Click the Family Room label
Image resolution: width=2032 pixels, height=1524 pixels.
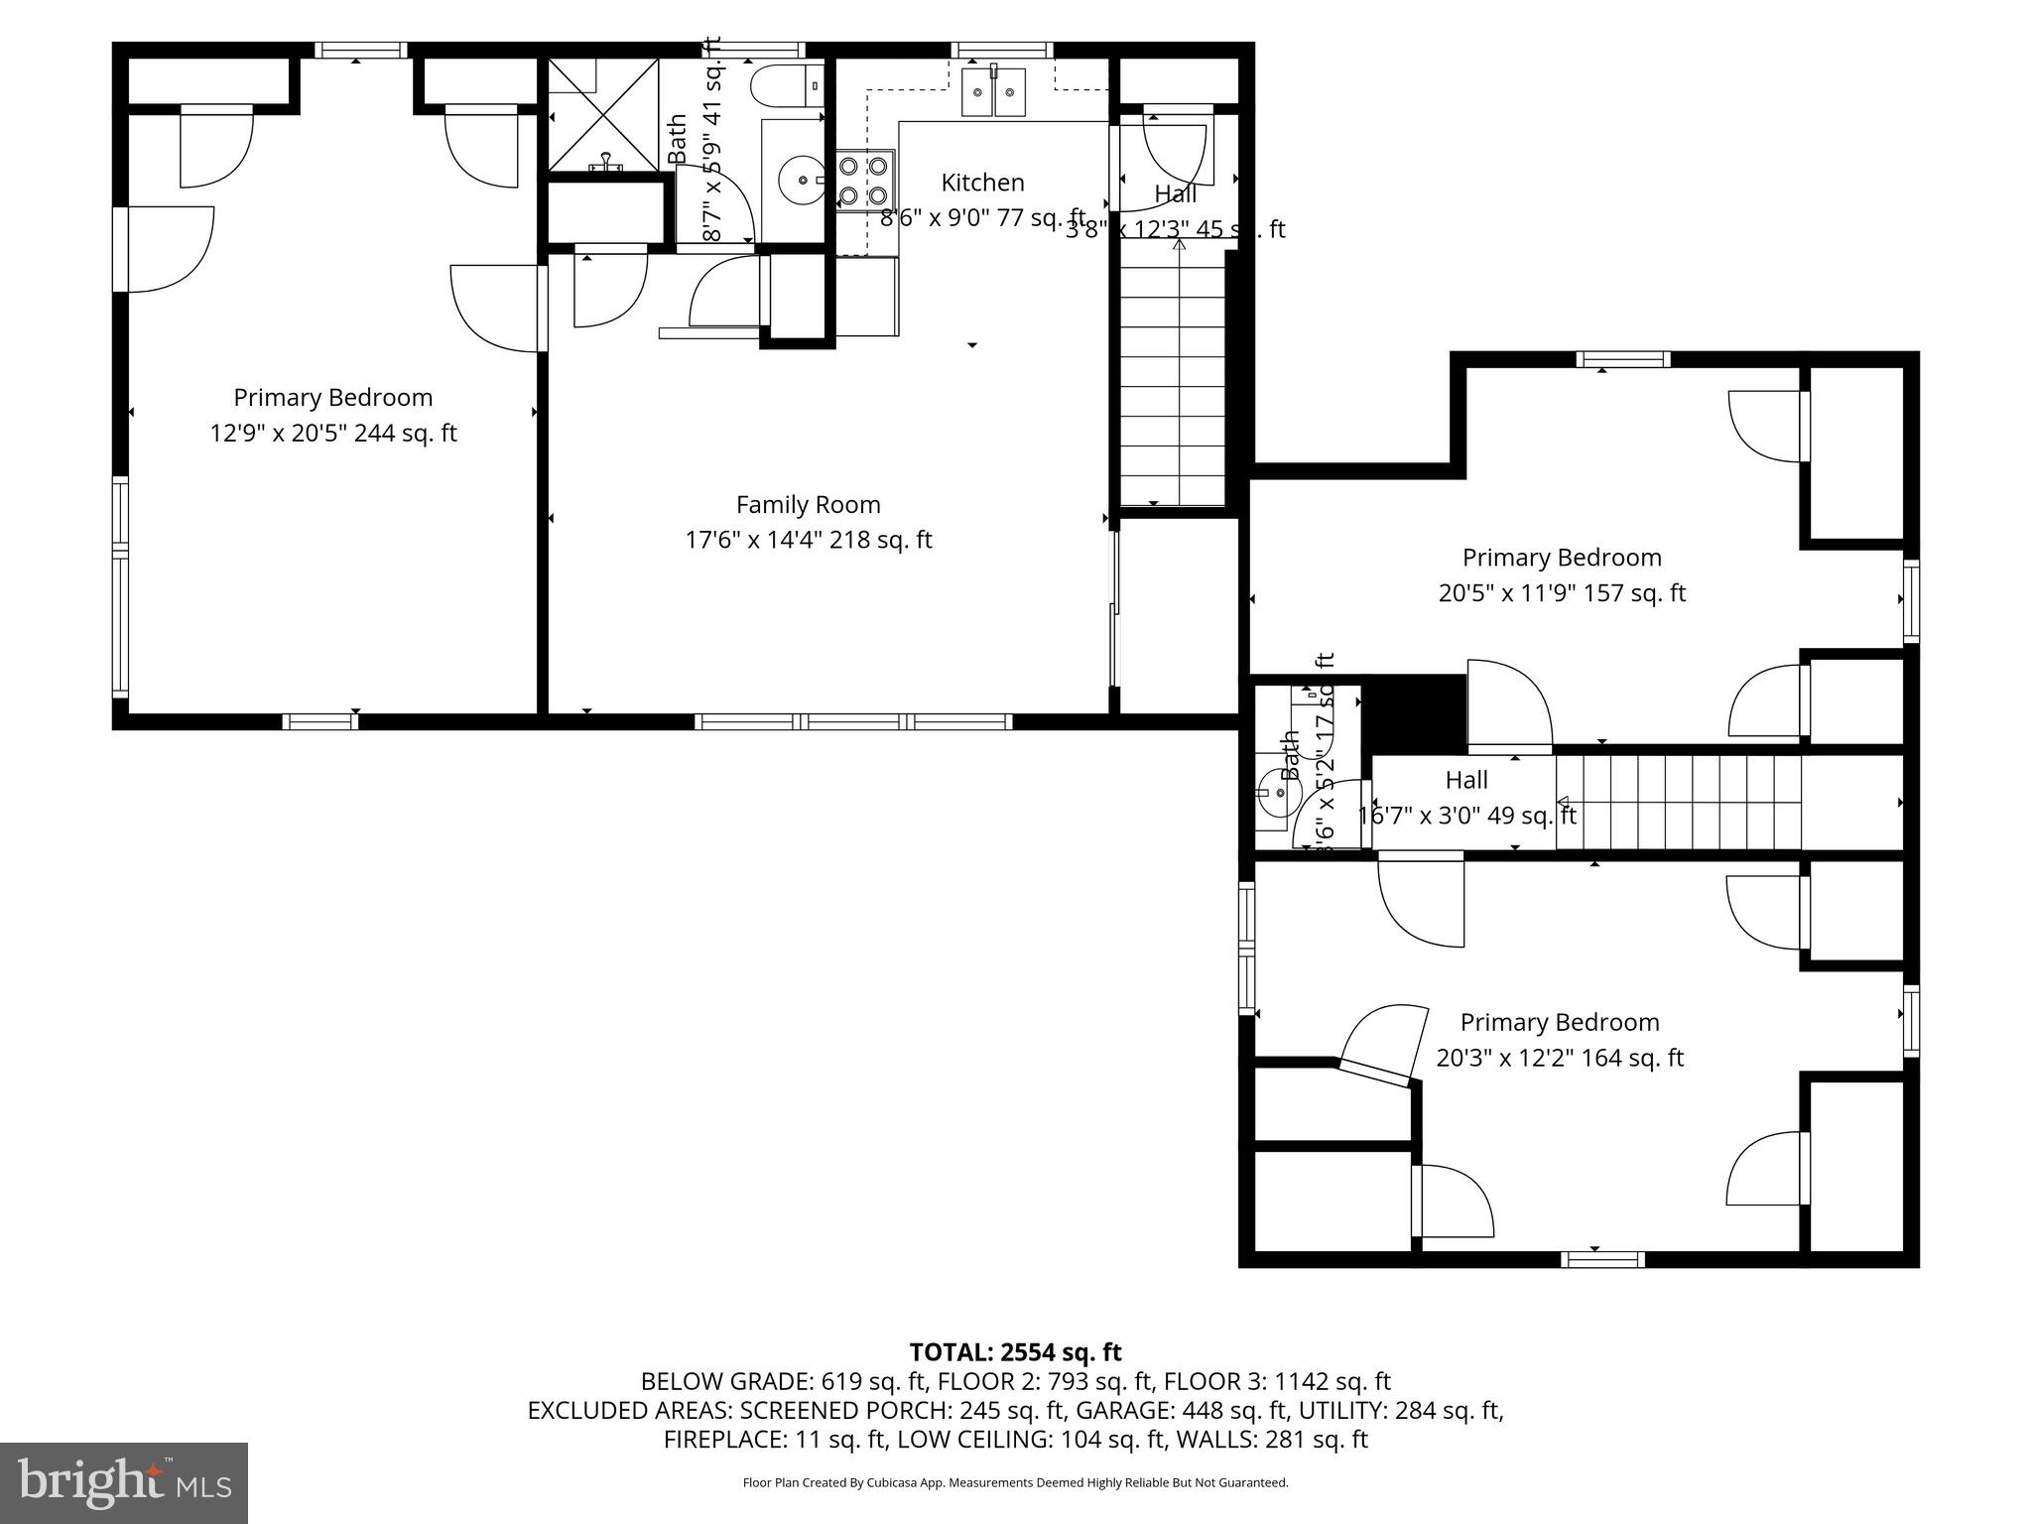[808, 505]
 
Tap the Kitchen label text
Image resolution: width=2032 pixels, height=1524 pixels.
[982, 183]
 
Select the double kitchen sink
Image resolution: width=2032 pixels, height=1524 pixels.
[993, 92]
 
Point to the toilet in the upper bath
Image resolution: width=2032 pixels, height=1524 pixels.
[787, 85]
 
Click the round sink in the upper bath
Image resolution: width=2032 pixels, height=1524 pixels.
[801, 182]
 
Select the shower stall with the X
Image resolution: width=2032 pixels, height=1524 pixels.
[603, 114]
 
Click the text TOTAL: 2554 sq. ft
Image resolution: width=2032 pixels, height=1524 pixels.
[1015, 1352]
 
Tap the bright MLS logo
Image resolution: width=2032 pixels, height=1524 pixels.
[124, 1482]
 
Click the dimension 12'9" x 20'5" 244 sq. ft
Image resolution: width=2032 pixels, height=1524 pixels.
[333, 434]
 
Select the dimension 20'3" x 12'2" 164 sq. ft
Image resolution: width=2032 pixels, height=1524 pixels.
[1560, 1058]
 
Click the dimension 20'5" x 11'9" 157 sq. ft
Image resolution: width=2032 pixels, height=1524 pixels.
[1562, 593]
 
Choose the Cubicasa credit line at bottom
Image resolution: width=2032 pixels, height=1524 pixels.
[1015, 1482]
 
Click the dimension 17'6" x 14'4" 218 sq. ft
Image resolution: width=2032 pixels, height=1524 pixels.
[808, 541]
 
